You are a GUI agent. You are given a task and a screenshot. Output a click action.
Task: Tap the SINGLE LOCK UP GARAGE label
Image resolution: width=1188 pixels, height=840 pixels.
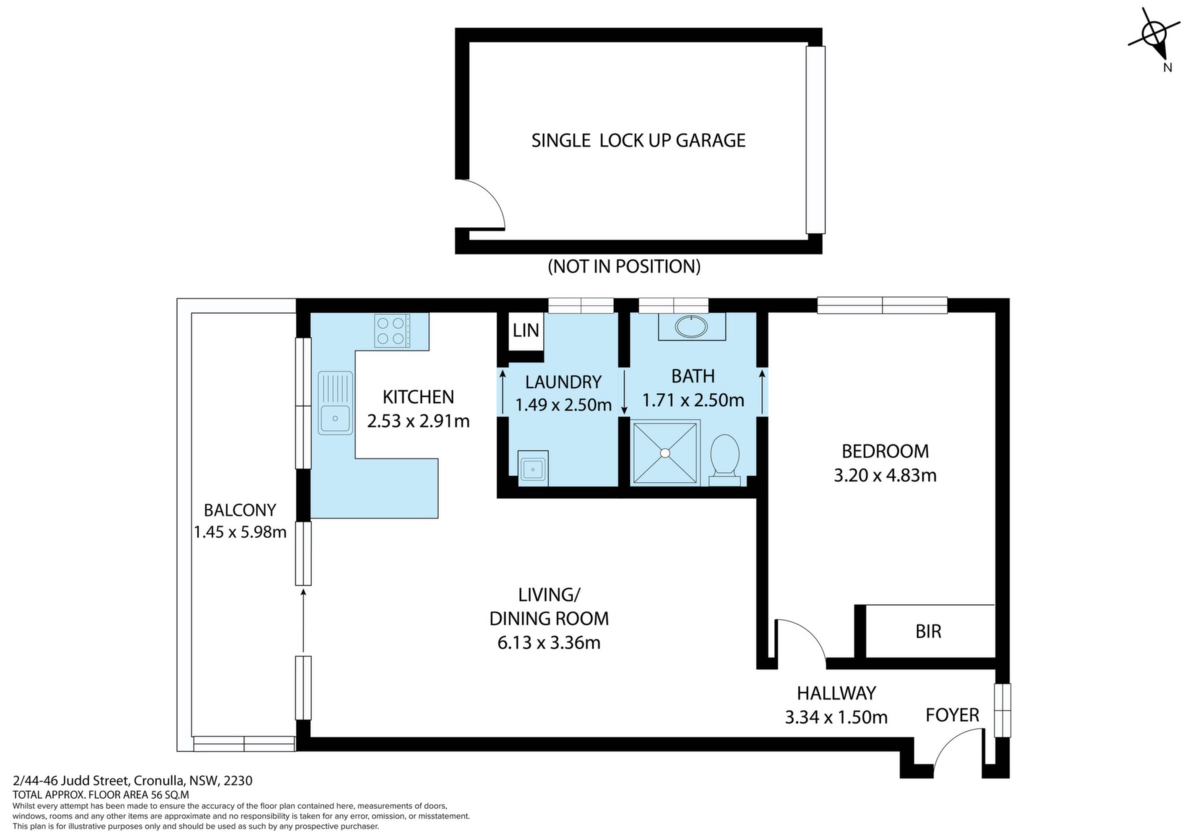[x=638, y=141]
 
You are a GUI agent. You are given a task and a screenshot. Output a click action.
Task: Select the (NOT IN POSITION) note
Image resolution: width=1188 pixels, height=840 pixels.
[x=624, y=266]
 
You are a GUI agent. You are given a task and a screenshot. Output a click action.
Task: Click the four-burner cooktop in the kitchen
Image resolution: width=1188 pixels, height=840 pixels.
[x=392, y=331]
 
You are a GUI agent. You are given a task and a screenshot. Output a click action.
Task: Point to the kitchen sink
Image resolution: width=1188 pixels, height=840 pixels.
[x=335, y=402]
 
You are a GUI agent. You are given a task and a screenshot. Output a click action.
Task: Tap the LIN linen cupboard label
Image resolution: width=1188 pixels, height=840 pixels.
[x=525, y=330]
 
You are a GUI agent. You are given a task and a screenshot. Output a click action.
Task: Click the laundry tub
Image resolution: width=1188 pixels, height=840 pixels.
[x=532, y=469]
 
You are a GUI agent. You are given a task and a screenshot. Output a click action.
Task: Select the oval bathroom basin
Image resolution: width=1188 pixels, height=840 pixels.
[x=692, y=326]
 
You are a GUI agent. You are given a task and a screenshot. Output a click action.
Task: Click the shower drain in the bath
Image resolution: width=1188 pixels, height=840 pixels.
[x=665, y=452]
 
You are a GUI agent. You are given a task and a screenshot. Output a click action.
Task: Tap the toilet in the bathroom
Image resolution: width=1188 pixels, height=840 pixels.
[x=725, y=459]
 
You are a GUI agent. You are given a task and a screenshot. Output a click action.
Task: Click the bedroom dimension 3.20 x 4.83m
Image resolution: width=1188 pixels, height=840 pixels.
[x=885, y=475]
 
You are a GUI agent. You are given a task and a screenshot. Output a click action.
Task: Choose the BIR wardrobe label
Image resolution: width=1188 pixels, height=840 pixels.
[x=928, y=631]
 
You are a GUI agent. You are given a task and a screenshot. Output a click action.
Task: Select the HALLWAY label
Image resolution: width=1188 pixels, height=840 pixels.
[x=836, y=693]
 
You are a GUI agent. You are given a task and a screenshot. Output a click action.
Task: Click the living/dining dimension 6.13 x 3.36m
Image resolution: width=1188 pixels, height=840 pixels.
[x=549, y=643]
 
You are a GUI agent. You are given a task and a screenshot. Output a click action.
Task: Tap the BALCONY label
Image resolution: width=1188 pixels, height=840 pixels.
[x=240, y=510]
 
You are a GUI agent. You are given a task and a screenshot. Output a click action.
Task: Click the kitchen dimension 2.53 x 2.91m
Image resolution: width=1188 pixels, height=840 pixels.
[x=418, y=422]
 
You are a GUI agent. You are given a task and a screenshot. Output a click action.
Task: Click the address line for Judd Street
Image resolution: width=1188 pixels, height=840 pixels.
[x=132, y=781]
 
